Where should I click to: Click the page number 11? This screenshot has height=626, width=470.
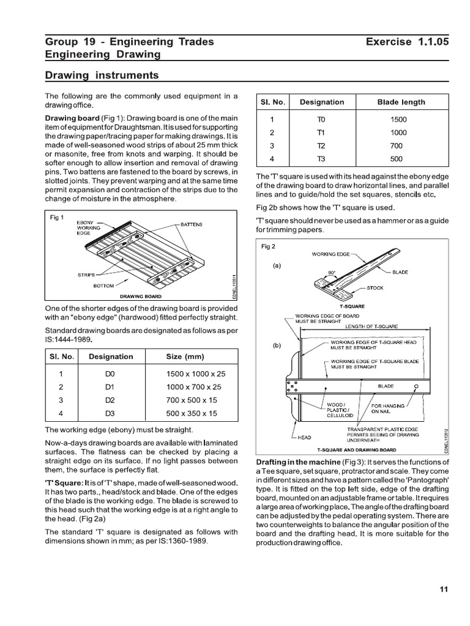click(x=444, y=589)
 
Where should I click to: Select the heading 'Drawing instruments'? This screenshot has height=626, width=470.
click(x=102, y=75)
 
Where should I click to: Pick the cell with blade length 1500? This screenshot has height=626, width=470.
click(x=398, y=120)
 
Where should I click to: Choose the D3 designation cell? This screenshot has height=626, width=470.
click(x=110, y=413)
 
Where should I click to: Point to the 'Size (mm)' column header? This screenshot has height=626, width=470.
click(x=185, y=356)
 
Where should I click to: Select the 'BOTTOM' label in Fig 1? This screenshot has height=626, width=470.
click(x=103, y=285)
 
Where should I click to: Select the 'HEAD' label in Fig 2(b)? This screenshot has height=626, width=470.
click(x=305, y=437)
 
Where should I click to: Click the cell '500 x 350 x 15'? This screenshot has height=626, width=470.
click(x=192, y=413)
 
